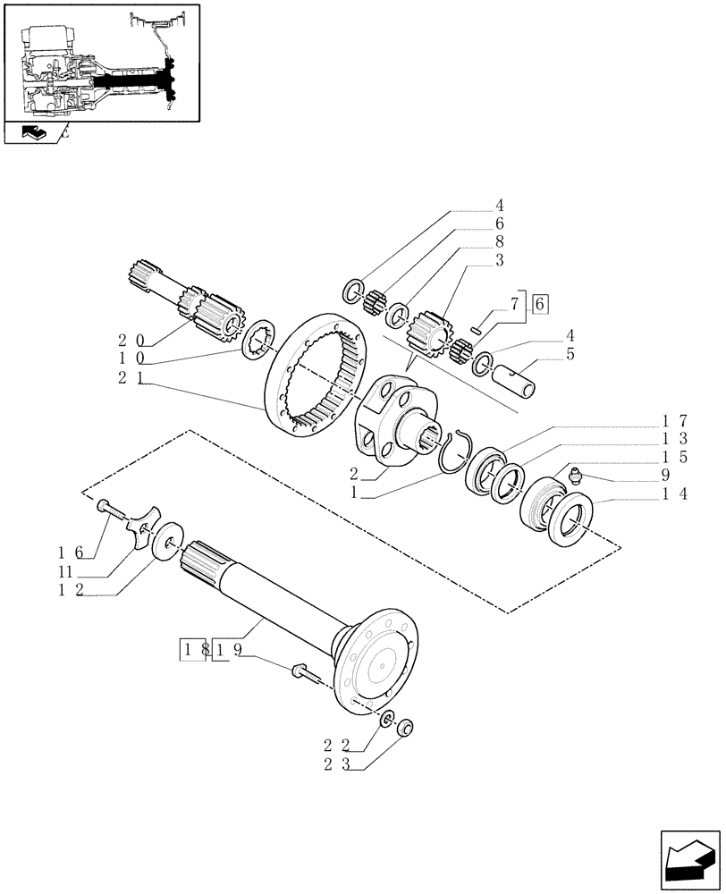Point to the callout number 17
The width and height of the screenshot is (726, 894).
tap(674, 419)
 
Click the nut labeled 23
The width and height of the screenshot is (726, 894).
tap(403, 728)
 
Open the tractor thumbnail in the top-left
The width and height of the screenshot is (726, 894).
tap(101, 63)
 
